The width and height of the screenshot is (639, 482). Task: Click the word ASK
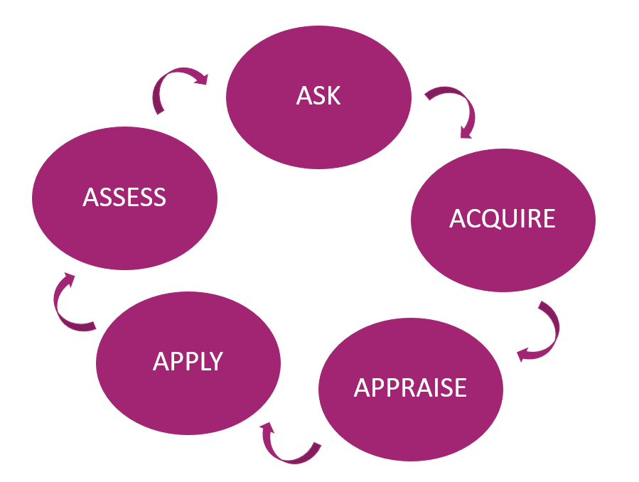coord(318,95)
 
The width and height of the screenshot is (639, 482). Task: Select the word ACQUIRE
coord(502,219)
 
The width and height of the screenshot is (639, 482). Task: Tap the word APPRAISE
coord(410,387)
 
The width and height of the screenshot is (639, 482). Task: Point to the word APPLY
coord(188,361)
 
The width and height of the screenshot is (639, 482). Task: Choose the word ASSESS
coord(124,197)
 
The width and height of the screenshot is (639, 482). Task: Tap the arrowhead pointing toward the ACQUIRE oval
coord(466,132)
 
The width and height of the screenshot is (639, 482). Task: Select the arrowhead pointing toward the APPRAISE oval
coord(522,354)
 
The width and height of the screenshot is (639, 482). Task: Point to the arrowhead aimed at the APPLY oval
coord(267,429)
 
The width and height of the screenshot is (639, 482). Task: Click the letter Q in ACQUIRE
coord(496,219)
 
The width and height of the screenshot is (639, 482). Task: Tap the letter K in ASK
coord(333,95)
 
